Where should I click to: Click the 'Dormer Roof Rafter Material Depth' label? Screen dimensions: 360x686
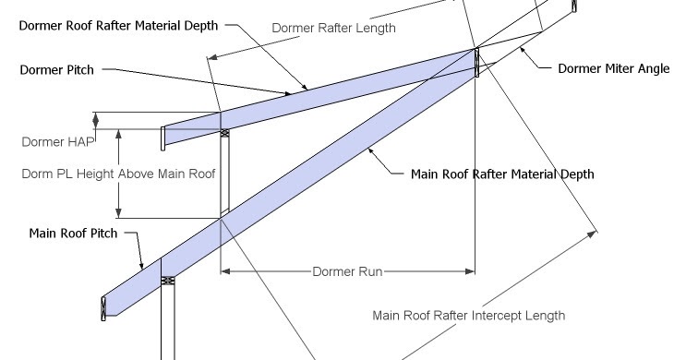pyautogui.click(x=118, y=26)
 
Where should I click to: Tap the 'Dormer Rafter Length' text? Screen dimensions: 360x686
pyautogui.click(x=333, y=28)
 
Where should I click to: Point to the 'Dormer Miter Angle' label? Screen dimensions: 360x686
pyautogui.click(x=613, y=68)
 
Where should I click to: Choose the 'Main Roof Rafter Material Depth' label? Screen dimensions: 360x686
pyautogui.click(x=501, y=174)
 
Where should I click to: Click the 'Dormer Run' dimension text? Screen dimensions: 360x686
pyautogui.click(x=347, y=272)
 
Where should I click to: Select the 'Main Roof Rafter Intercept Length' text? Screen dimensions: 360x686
pyautogui.click(x=468, y=315)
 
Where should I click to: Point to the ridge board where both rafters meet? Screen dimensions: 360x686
pyautogui.click(x=476, y=63)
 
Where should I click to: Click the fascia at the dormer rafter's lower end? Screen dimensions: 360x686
pyautogui.click(x=163, y=138)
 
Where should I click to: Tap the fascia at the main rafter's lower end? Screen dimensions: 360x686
pyautogui.click(x=102, y=308)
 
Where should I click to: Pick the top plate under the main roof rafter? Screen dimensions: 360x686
pyautogui.click(x=167, y=279)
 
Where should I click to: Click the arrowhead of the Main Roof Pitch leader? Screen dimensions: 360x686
pyautogui.click(x=142, y=267)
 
